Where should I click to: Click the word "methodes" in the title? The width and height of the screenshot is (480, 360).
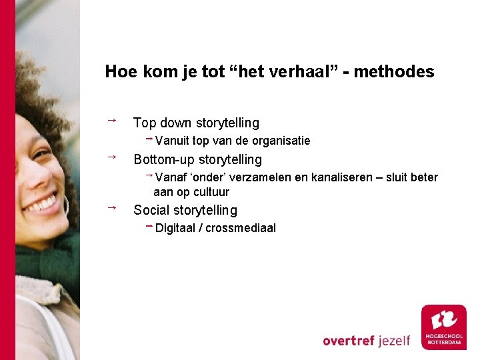coord(394,72)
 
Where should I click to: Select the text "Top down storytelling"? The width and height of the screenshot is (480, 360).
coord(196,123)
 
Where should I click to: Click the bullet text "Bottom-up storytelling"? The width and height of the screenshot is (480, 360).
coord(198,159)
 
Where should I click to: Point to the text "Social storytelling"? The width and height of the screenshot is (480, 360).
coord(185,210)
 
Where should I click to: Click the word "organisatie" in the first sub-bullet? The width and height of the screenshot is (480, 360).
coord(283,141)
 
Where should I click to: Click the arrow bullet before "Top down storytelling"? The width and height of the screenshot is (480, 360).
coord(112,120)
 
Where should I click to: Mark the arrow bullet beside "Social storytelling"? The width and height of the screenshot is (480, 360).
coord(112,207)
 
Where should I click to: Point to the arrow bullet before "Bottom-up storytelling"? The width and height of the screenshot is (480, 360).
coord(112,157)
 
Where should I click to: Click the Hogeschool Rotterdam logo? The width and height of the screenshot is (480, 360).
coord(443,327)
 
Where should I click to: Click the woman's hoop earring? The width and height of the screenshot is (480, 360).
coord(67,204)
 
